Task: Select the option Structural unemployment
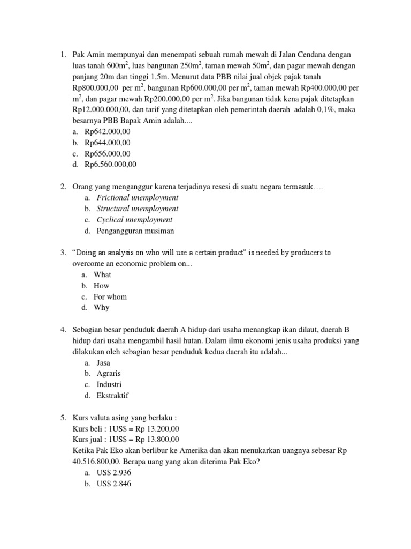(x=138, y=209)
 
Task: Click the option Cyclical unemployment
(x=134, y=220)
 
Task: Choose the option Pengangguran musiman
(x=135, y=231)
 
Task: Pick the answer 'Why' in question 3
(x=101, y=308)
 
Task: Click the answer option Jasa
(x=103, y=362)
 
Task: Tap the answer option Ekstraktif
(x=112, y=396)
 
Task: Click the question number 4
(x=63, y=330)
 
